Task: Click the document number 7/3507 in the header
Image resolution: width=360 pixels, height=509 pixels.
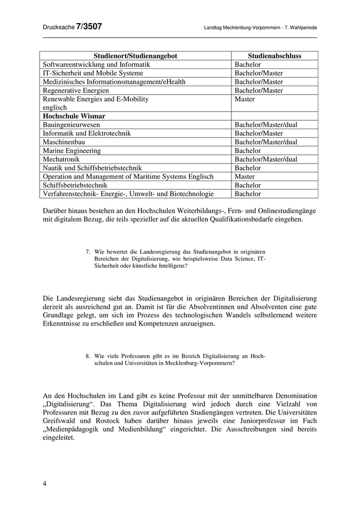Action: coord(89,27)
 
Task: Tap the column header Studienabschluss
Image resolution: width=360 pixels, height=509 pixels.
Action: coord(274,56)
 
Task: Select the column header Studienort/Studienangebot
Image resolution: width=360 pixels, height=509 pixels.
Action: coord(135,56)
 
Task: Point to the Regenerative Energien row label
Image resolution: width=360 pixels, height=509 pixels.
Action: coord(76,90)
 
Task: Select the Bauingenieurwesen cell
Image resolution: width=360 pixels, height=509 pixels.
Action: coord(71,125)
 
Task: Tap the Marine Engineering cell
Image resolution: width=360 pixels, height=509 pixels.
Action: coord(72,151)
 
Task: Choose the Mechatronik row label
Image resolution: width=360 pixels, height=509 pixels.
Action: coord(62,159)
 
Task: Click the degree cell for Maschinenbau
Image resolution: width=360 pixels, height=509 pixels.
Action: coord(266,142)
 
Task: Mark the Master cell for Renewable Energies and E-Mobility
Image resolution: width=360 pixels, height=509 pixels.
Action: coord(245,99)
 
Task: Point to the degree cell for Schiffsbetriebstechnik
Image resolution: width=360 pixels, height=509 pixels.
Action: coord(248,185)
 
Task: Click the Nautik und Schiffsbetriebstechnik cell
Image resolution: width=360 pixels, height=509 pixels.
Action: coord(92,168)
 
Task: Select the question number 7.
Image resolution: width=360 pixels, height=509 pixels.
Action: coord(88,252)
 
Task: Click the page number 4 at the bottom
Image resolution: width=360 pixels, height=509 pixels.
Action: coord(45,483)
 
